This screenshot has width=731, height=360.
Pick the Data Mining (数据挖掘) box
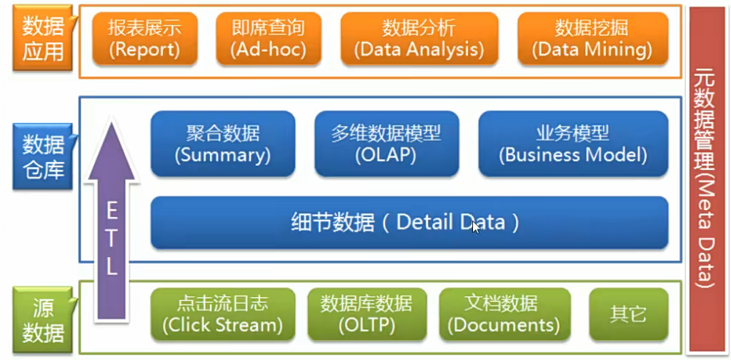click(x=592, y=39)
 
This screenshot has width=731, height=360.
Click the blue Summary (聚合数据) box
click(x=222, y=144)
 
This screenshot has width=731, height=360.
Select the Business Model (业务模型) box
click(x=573, y=144)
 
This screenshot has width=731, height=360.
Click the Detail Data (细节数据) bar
click(x=409, y=223)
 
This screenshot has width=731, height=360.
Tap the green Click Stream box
click(x=222, y=314)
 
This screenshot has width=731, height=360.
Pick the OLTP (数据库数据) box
click(x=366, y=314)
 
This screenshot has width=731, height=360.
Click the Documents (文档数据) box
click(x=503, y=314)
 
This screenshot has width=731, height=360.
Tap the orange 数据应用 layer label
click(x=42, y=39)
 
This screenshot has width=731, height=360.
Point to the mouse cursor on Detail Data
click(x=476, y=227)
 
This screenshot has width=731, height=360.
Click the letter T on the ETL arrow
click(x=111, y=239)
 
